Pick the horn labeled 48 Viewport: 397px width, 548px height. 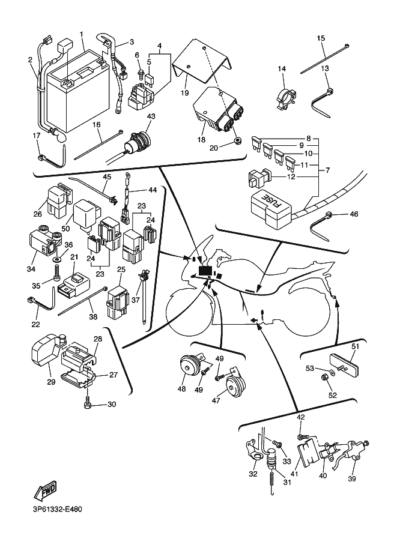point(191,366)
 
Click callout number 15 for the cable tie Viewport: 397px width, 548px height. point(321,38)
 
